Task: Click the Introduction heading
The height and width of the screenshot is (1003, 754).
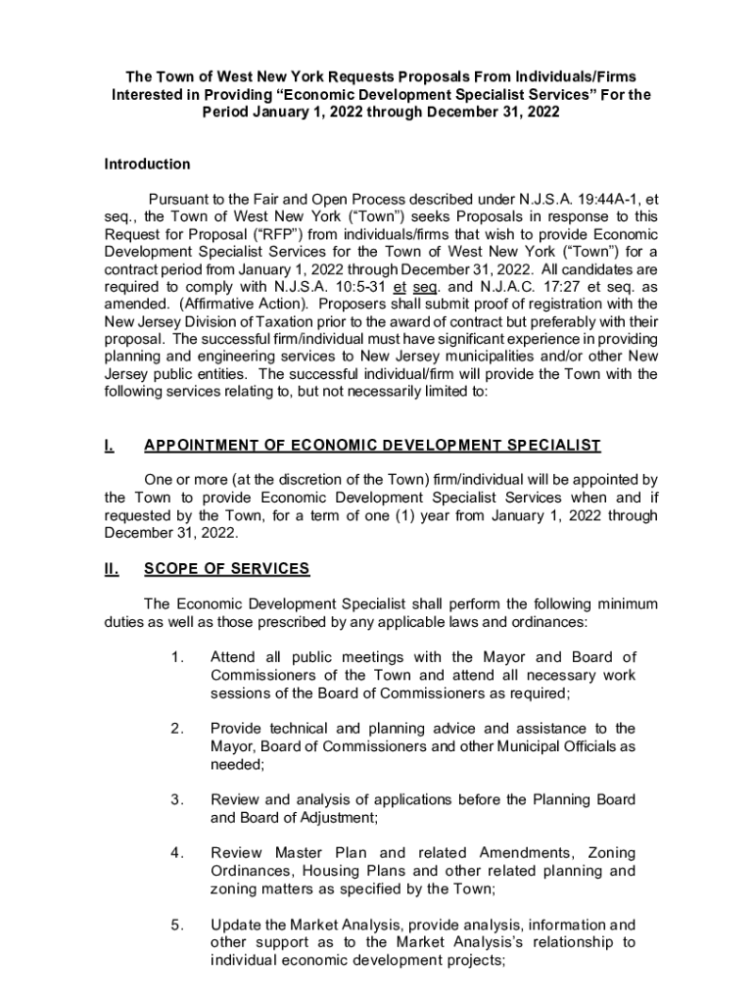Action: coord(147,165)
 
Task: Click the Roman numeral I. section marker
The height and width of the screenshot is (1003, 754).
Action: coord(109,446)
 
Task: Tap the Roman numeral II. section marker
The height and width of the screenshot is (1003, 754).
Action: coord(112,569)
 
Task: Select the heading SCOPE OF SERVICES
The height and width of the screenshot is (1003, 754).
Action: coord(226,569)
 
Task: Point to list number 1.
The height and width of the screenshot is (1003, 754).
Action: coord(177,657)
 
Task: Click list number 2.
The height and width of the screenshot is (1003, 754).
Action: coord(177,728)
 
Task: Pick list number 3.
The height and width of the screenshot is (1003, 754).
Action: coord(177,799)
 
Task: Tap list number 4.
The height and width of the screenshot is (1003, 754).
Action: coord(177,853)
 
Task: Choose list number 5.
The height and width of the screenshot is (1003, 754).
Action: coord(177,924)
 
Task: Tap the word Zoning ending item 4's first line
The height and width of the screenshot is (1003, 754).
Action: coord(606,853)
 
